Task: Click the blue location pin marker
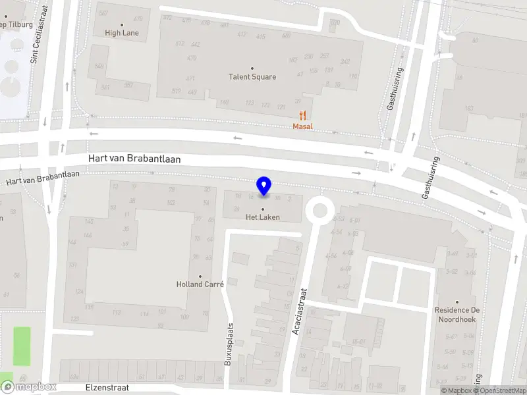pyautogui.click(x=263, y=186)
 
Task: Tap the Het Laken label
pyautogui.click(x=263, y=217)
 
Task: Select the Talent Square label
pyautogui.click(x=252, y=76)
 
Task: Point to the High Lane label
pyautogui.click(x=122, y=32)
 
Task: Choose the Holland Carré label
pyautogui.click(x=200, y=284)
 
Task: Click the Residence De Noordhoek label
pyautogui.click(x=457, y=314)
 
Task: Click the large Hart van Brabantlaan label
pyautogui.click(x=134, y=159)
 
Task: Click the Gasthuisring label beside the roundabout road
pyautogui.click(x=433, y=178)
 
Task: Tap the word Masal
pyautogui.click(x=303, y=126)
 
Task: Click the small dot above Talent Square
pyautogui.click(x=252, y=68)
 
